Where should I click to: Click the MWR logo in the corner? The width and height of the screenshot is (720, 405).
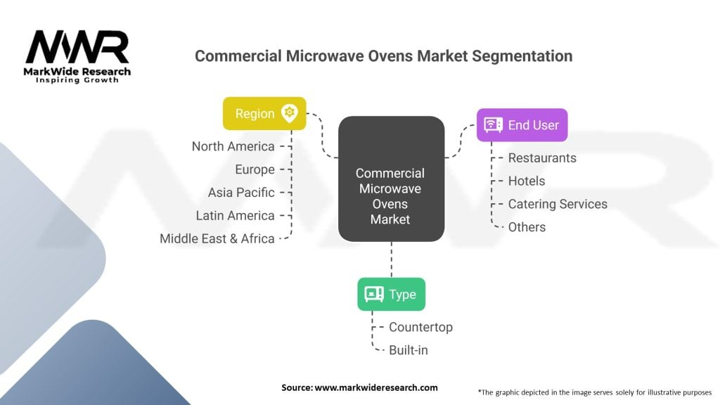[77, 55]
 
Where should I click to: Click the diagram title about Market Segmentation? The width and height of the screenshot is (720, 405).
[383, 56]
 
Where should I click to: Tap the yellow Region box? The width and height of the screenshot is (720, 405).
[264, 113]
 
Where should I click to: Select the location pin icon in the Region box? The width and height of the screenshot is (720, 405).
[288, 113]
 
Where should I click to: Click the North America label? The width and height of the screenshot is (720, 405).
[233, 146]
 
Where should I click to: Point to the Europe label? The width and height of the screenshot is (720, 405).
[255, 169]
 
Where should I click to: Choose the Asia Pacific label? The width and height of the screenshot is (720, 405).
[241, 193]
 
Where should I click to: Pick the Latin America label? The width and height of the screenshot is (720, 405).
[235, 215]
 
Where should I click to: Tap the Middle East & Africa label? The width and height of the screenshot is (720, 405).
[217, 238]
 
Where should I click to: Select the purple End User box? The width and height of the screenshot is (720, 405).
[522, 125]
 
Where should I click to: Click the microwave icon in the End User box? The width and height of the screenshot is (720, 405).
[494, 125]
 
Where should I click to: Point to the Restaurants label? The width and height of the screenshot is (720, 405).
[542, 157]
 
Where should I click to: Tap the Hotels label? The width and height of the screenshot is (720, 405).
[527, 181]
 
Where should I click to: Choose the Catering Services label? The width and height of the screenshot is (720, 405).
[558, 204]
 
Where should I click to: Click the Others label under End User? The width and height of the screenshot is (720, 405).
[527, 226]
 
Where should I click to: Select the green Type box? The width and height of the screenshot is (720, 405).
[391, 295]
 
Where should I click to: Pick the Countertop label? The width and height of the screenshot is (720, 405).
[420, 327]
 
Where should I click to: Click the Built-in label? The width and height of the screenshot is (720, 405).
[408, 349]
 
